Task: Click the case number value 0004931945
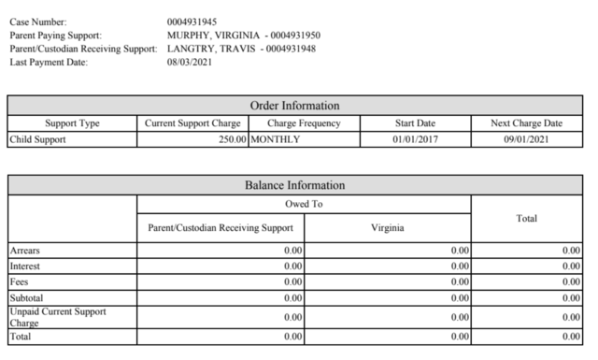(x=192, y=21)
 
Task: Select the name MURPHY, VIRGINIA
(x=212, y=35)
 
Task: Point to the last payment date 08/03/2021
(x=190, y=63)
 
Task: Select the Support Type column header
(x=72, y=123)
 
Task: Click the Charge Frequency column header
(x=305, y=123)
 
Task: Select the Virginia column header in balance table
(x=387, y=226)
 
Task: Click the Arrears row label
(x=25, y=251)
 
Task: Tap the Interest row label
(x=25, y=266)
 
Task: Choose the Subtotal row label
(x=27, y=295)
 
